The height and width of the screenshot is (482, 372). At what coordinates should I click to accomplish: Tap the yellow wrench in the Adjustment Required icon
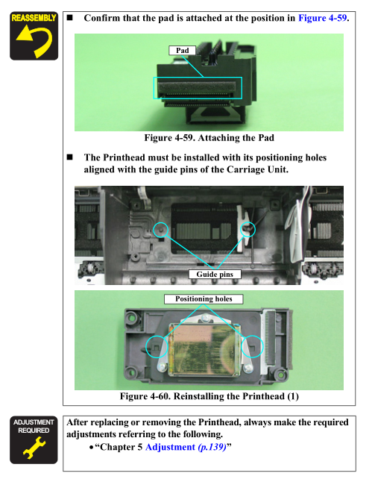(34, 448)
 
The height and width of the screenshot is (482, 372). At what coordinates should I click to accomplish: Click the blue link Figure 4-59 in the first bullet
(323, 18)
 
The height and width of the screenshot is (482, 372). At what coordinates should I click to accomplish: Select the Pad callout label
(182, 51)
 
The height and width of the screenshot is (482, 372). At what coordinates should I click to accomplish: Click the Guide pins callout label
(215, 274)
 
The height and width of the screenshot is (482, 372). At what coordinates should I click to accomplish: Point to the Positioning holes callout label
(204, 299)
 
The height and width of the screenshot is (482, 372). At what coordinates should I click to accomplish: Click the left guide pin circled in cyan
(161, 229)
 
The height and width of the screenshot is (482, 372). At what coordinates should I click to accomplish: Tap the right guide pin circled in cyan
(248, 229)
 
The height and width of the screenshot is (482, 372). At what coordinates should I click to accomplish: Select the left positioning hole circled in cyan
(157, 347)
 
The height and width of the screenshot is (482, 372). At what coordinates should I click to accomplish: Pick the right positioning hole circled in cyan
(252, 347)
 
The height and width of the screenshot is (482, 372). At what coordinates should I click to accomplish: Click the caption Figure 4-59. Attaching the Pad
(209, 138)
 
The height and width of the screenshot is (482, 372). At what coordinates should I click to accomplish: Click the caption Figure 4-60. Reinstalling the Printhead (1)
(209, 396)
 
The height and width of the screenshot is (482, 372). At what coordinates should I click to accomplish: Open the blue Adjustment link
(170, 447)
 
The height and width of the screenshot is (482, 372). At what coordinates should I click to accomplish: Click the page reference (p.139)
(212, 447)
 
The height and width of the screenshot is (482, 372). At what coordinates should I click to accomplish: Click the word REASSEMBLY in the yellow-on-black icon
(34, 18)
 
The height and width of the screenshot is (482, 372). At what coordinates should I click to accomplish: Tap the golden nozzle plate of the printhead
(204, 350)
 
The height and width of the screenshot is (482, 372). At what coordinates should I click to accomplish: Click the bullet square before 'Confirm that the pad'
(70, 17)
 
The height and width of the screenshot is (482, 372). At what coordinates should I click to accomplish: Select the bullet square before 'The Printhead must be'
(70, 157)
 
